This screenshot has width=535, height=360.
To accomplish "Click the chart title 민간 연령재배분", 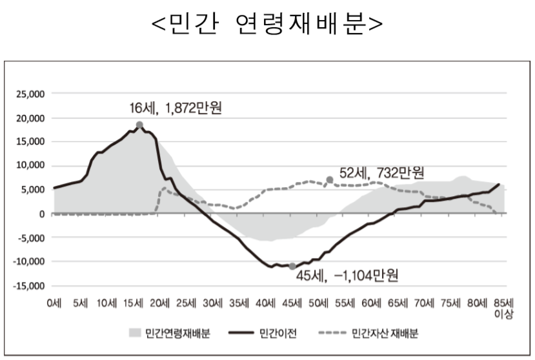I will [x=267, y=25].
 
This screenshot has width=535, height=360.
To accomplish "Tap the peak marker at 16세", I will [x=139, y=125].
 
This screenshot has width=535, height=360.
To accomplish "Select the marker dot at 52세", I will [x=330, y=179].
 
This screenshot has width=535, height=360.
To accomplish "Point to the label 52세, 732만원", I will [x=382, y=172].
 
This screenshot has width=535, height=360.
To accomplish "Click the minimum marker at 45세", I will [x=292, y=266].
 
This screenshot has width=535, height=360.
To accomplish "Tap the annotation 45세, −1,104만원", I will [x=347, y=277].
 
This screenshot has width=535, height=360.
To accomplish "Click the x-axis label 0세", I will [x=54, y=303].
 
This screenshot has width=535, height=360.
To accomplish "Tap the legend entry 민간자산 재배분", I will [x=385, y=334].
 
